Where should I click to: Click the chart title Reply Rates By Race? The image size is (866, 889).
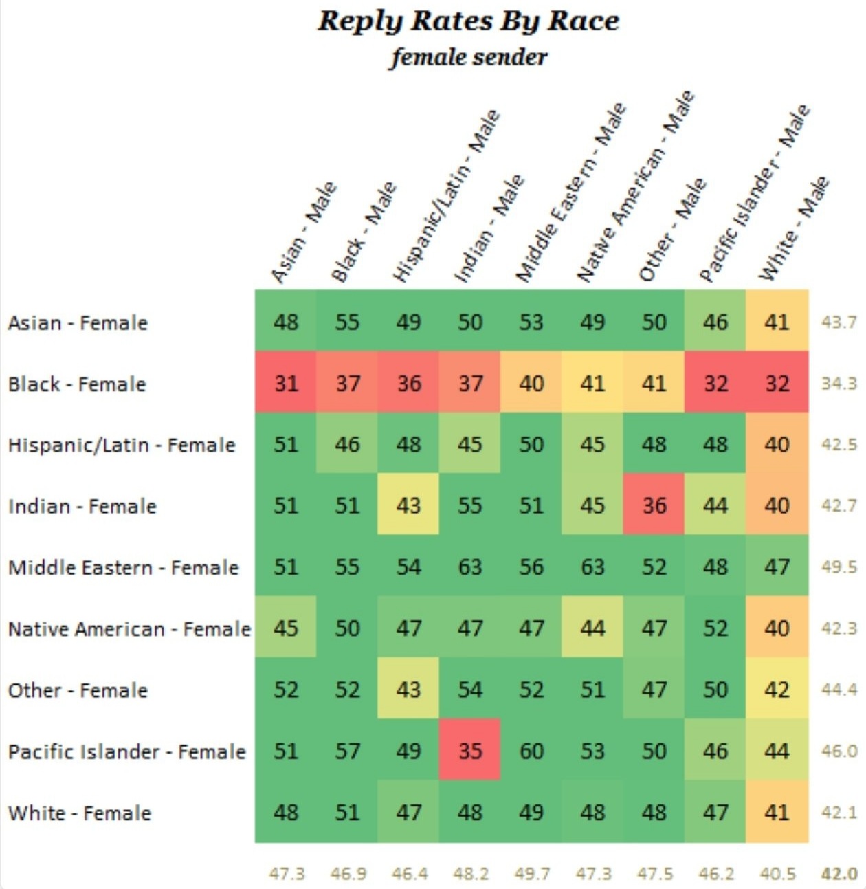468,22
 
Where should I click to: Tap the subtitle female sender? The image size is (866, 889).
469,58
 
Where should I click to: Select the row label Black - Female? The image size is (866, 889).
77,384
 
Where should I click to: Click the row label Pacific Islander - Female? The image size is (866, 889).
127,751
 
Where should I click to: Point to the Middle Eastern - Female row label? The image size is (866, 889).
123,567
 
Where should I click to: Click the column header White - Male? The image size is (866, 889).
793,228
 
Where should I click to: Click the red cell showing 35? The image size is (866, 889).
469,751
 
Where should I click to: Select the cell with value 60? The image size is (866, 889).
531,751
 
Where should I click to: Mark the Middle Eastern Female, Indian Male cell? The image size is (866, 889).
469,567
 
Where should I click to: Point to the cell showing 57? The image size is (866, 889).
346,751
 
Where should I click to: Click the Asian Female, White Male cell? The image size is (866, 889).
777,321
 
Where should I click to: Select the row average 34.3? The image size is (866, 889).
839,383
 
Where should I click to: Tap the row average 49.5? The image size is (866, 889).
839,567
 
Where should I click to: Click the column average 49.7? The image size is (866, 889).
532,873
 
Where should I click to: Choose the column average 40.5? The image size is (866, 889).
777,873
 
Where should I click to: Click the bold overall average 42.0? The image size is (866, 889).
839,873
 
